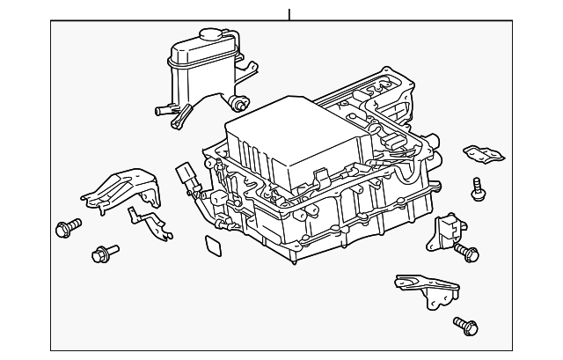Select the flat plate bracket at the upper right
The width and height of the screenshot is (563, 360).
484,155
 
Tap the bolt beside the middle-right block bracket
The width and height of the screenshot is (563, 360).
466,253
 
